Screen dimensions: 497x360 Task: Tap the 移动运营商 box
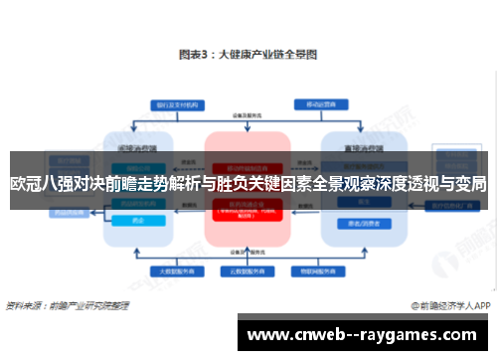click(x=322, y=103)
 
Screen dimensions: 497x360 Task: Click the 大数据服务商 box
click(x=172, y=270)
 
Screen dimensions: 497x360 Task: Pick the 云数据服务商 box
click(x=247, y=270)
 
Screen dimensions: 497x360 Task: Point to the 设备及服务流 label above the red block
click(x=248, y=116)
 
